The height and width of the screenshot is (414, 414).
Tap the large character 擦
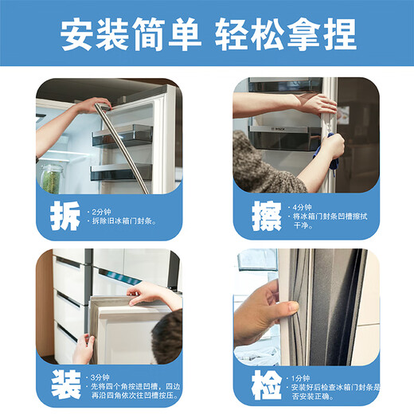click(256, 214)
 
